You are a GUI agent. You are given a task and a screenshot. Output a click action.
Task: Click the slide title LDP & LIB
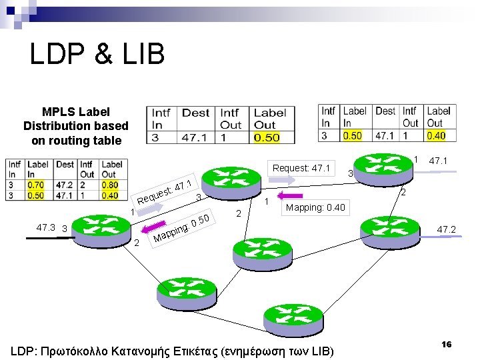97,54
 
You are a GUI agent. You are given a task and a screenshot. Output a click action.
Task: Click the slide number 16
446,344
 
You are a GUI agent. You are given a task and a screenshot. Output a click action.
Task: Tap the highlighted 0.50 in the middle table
267,138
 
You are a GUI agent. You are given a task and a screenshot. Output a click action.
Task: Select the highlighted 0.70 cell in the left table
35,185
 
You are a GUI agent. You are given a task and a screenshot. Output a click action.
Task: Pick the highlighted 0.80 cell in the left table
109,185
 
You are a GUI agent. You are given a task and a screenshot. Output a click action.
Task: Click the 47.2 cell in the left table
65,185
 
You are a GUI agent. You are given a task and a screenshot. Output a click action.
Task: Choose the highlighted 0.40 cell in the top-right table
436,135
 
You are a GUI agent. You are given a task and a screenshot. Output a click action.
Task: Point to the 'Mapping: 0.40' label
315,207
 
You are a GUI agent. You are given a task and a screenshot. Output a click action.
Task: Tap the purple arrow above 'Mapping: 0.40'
290,195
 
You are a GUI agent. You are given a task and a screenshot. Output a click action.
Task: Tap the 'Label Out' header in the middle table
270,119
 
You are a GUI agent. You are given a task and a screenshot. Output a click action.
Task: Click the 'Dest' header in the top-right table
385,111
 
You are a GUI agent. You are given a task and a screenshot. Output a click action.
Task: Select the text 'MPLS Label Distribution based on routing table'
76,126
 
